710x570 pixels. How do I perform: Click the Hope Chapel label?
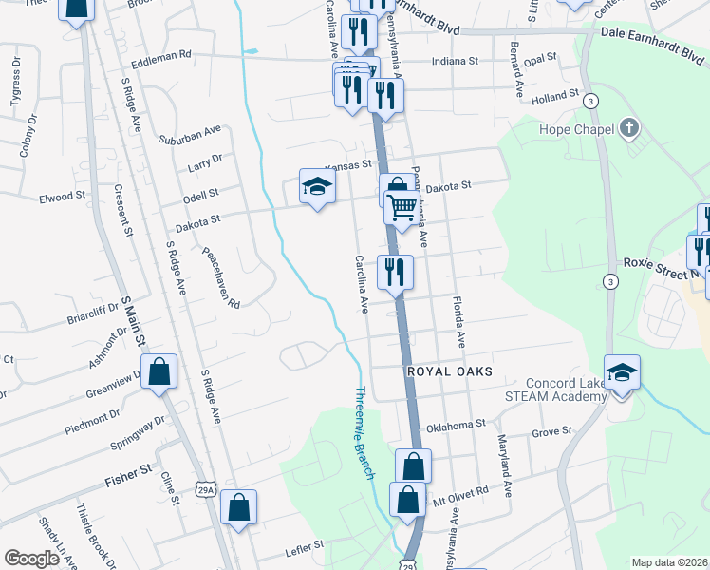578,130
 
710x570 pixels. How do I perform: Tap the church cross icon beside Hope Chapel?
628,127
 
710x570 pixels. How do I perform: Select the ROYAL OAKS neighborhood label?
450,371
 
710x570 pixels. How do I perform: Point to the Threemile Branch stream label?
365,431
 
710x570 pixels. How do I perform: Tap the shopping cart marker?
402,206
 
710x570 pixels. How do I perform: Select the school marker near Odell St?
318,186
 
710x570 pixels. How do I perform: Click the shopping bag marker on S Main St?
159,371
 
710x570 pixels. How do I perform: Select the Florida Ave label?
461,324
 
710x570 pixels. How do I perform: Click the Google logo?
31,559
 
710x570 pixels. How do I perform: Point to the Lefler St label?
305,546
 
